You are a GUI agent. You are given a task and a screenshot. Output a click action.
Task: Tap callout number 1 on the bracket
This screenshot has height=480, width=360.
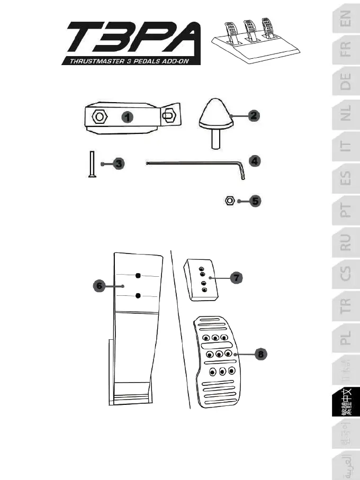click(128, 116)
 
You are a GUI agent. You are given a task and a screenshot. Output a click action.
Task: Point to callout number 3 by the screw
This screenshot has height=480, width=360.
click(119, 164)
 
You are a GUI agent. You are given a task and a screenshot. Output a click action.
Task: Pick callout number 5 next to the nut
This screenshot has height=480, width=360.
click(256, 201)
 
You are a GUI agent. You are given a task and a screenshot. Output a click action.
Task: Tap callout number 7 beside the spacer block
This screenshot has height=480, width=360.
click(236, 277)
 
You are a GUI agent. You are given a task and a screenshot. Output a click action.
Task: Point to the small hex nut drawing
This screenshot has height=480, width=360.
click(230, 201)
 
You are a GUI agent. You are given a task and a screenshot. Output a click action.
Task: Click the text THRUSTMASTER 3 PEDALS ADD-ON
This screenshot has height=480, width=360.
click(131, 61)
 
